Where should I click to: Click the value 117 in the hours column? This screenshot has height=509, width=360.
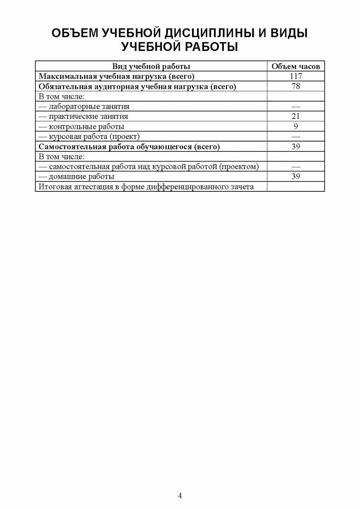point(296,76)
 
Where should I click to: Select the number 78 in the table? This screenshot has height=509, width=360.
point(296,86)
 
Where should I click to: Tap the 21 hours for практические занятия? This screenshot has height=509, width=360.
point(296,116)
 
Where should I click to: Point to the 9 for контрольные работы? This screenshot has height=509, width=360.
point(296,127)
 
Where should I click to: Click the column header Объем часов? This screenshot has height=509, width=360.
point(296,67)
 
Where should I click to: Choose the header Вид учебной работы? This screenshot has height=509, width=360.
point(151,67)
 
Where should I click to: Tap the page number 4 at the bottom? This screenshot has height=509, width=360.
point(180,496)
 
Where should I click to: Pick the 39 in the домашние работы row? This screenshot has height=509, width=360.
point(296,176)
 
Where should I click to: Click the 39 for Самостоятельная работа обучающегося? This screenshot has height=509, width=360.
point(296,147)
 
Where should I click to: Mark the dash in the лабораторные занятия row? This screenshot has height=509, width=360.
point(296,107)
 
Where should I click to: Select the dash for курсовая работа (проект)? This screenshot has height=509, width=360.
point(296,136)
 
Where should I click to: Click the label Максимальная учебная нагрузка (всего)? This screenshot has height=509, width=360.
point(116,76)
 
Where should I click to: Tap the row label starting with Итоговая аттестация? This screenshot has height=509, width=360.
point(146,187)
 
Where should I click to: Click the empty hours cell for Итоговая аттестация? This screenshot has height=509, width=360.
point(296,187)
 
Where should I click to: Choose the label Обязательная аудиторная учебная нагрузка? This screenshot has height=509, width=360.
point(137,87)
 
